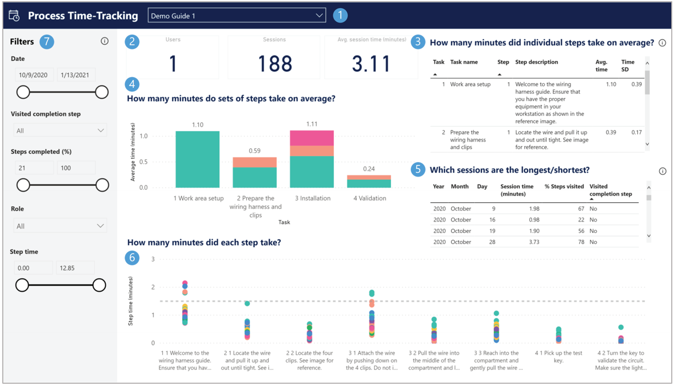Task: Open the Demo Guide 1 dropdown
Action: pyautogui.click(x=236, y=16)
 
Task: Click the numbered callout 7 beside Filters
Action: pyautogui.click(x=47, y=42)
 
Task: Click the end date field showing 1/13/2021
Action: pyautogui.click(x=76, y=75)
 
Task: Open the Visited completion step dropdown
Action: pyautogui.click(x=60, y=130)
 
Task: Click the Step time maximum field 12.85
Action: pyautogui.click(x=76, y=268)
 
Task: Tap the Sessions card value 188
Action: pyautogui.click(x=274, y=63)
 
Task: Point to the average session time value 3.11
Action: pyautogui.click(x=371, y=63)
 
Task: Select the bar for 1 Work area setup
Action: pyautogui.click(x=197, y=159)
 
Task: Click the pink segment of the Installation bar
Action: pyautogui.click(x=311, y=138)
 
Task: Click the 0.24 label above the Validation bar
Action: pyautogui.click(x=369, y=169)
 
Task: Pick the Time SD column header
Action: pyautogui.click(x=627, y=66)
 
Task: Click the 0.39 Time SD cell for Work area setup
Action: pyautogui.click(x=636, y=84)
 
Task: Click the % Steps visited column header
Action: pyautogui.click(x=564, y=186)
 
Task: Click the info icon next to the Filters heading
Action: pyautogui.click(x=105, y=42)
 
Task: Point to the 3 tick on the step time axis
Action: pyautogui.click(x=153, y=259)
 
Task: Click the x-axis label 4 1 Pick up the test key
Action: pyautogui.click(x=558, y=357)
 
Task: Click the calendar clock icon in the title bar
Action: pyautogui.click(x=14, y=16)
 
